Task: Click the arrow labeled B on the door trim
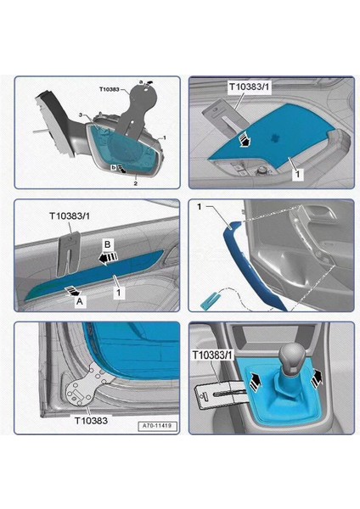click(x=108, y=258)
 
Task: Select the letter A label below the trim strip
click(x=79, y=301)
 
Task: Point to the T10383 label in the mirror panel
click(x=109, y=89)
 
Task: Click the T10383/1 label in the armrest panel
click(x=250, y=87)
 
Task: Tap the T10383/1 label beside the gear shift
click(x=212, y=355)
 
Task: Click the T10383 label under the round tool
click(x=91, y=421)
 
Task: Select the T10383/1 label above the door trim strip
click(x=70, y=215)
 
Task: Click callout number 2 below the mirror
click(x=136, y=184)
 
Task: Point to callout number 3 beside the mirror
click(x=81, y=115)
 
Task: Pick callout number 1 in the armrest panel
click(x=298, y=174)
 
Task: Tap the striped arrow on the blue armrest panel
click(x=244, y=140)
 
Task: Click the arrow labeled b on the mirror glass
click(x=122, y=168)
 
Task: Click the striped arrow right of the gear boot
click(x=317, y=378)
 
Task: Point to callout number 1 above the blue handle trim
click(x=200, y=206)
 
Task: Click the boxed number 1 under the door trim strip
click(x=119, y=292)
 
